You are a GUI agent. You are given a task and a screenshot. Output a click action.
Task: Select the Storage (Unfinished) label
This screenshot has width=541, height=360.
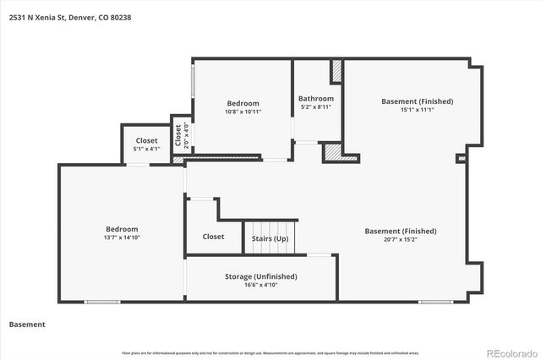click(x=260, y=276)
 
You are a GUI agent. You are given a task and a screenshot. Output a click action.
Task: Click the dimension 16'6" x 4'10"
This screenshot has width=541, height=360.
click(x=260, y=286)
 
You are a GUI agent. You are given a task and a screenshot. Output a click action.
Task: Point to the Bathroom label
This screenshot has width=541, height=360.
click(x=315, y=99)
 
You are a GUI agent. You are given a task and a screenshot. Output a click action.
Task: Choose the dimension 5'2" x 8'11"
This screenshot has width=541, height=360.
click(x=315, y=107)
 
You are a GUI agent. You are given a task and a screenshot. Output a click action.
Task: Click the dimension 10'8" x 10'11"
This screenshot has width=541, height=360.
click(x=243, y=112)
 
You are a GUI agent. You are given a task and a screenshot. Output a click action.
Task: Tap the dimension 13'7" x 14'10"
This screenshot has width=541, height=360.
click(x=122, y=238)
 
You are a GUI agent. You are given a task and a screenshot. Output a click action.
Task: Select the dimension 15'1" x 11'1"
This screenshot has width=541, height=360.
click(x=417, y=110)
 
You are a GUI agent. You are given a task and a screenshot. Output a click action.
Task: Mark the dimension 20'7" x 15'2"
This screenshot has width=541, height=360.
click(x=400, y=240)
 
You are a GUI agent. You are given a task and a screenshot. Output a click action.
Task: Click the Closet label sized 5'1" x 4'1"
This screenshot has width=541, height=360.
click(x=146, y=140)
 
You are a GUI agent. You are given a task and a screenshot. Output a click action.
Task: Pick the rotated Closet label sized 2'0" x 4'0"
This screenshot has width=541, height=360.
click(x=178, y=135)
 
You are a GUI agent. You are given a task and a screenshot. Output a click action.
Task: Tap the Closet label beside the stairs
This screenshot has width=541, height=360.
click(x=213, y=237)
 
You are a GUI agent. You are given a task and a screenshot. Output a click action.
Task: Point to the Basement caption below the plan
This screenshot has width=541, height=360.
click(x=27, y=325)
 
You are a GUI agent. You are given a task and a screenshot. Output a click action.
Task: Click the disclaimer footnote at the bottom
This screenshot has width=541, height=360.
click(x=270, y=352)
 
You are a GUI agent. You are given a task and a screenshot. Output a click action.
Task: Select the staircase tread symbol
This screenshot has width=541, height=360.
click(x=270, y=230)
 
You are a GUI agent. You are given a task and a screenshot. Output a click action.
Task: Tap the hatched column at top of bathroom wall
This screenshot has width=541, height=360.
click(x=336, y=71)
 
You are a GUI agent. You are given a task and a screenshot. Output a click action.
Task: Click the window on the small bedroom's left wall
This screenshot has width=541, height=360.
click(x=193, y=82)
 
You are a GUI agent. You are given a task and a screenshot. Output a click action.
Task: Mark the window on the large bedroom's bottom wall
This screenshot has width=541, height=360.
click(x=102, y=302)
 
